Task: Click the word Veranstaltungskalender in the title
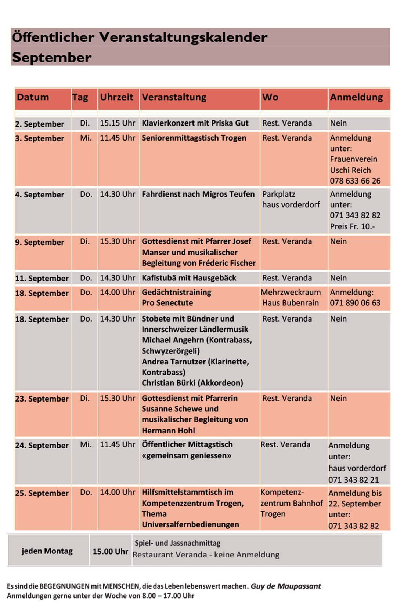point(183,37)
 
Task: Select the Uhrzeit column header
point(116,97)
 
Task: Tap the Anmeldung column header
point(356,97)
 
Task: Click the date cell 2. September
point(40,124)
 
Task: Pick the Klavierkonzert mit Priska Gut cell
point(195,123)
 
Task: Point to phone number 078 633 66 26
point(355,181)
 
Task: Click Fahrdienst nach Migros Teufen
point(198,194)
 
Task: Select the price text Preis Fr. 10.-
point(352,226)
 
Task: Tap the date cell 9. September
point(40,242)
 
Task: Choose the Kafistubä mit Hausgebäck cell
point(189,278)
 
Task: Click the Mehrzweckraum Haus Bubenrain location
point(291,298)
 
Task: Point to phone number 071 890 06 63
point(355,303)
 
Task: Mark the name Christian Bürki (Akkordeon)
point(192,383)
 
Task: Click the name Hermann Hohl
point(169,431)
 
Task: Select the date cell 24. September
point(42,446)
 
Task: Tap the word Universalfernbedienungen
point(190,525)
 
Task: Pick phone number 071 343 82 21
point(353,480)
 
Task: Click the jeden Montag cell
point(47,551)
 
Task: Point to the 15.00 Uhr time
point(110,552)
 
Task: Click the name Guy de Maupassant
point(286,586)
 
